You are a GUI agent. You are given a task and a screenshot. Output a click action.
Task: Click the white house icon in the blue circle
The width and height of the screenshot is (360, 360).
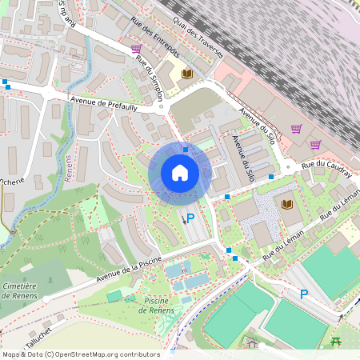point(179,173)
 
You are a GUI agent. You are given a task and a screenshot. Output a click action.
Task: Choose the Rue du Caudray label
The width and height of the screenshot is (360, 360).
point(327,168)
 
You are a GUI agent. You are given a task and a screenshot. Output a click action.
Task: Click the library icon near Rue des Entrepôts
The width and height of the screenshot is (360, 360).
point(187,74)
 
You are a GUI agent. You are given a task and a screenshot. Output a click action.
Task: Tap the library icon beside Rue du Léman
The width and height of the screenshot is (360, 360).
point(286,205)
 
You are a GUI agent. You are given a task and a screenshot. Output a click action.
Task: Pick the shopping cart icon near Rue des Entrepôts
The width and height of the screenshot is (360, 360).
point(136,49)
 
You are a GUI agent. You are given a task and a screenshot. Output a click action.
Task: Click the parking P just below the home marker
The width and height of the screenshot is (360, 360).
point(190,217)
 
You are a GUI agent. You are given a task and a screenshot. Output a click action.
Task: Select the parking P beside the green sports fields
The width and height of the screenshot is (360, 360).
point(303,294)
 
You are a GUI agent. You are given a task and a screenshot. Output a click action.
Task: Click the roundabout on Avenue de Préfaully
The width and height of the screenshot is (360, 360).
point(50,93)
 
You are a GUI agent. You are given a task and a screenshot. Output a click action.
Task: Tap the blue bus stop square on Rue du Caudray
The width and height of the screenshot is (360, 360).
point(271,176)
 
